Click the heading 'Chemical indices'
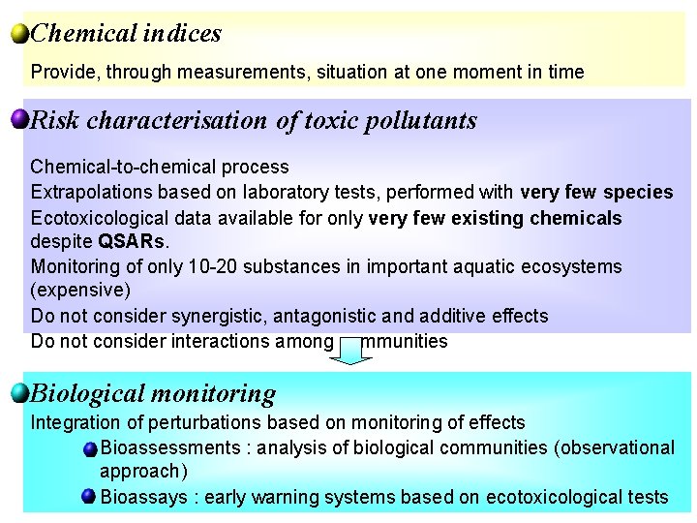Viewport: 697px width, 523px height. click(126, 34)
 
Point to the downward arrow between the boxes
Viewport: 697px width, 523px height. click(356, 350)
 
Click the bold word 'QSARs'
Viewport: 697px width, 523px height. click(124, 241)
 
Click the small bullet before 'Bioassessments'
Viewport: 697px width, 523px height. click(89, 447)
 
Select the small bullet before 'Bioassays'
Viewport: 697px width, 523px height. click(89, 497)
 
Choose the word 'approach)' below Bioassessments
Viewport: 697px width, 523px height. click(143, 472)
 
